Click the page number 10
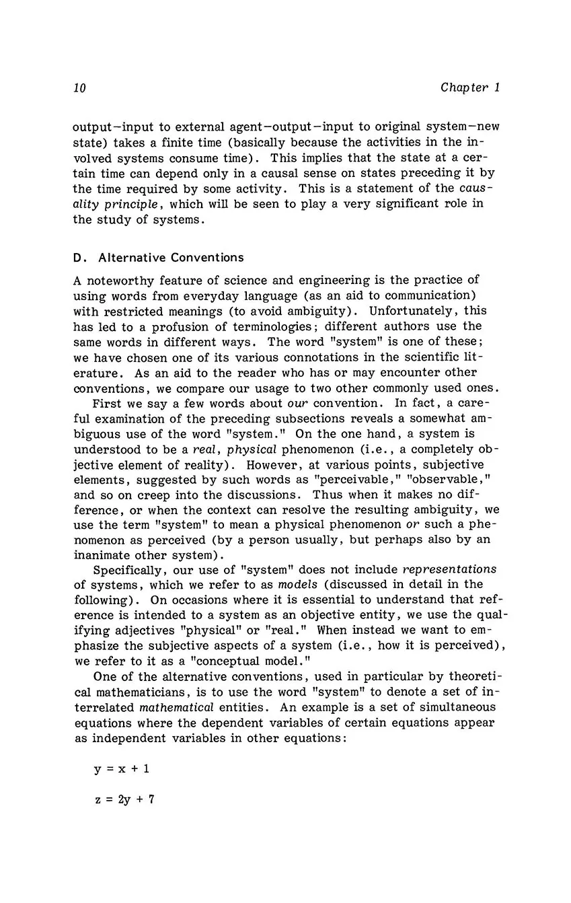pyautogui.click(x=79, y=88)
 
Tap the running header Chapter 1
pyautogui.click(x=470, y=88)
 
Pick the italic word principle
pyautogui.click(x=100, y=203)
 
